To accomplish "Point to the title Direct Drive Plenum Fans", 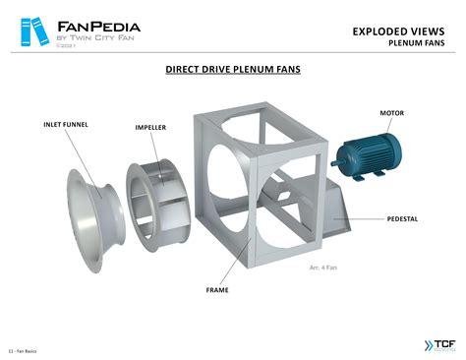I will tap(233, 70).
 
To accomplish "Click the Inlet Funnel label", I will tap(66, 125).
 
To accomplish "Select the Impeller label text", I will tap(150, 128).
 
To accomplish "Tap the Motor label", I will tap(391, 113).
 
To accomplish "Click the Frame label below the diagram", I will tap(217, 290).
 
